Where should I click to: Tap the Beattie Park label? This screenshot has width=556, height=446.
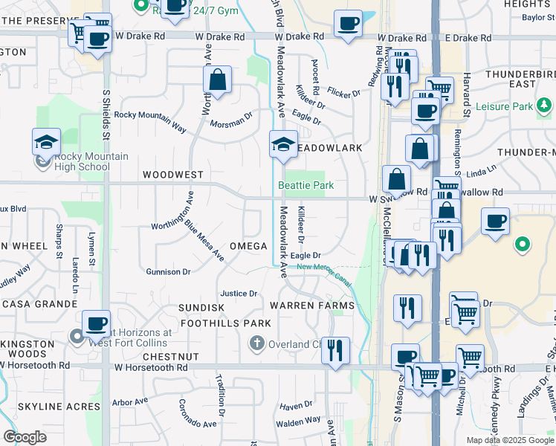point(306,185)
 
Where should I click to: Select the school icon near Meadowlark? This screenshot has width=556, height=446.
point(283,145)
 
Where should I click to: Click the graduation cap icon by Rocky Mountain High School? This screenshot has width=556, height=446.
point(46,142)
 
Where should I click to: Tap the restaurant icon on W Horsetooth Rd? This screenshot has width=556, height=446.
point(335,350)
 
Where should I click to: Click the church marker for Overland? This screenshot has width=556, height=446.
point(256,343)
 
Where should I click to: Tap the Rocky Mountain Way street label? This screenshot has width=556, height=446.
point(150,120)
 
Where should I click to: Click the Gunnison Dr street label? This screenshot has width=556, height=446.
point(168,272)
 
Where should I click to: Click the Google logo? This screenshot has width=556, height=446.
point(25,437)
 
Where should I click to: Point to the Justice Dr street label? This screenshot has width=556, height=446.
point(239,294)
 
